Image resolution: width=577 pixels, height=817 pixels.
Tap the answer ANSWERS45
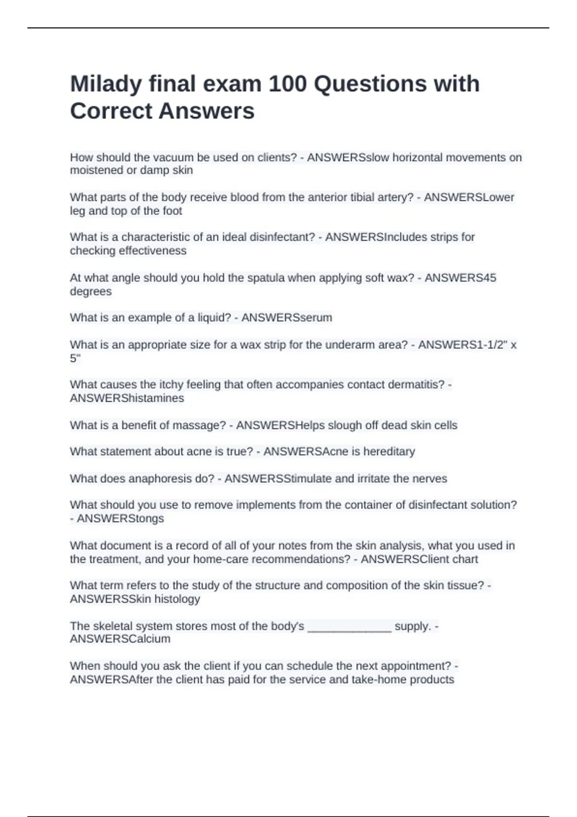coord(460,278)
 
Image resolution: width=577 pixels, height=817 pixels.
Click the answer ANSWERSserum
coord(287,318)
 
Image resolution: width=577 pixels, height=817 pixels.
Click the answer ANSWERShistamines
coord(127,398)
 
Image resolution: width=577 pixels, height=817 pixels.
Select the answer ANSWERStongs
coord(120,519)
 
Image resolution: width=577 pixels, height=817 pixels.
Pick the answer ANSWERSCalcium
coord(120,639)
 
